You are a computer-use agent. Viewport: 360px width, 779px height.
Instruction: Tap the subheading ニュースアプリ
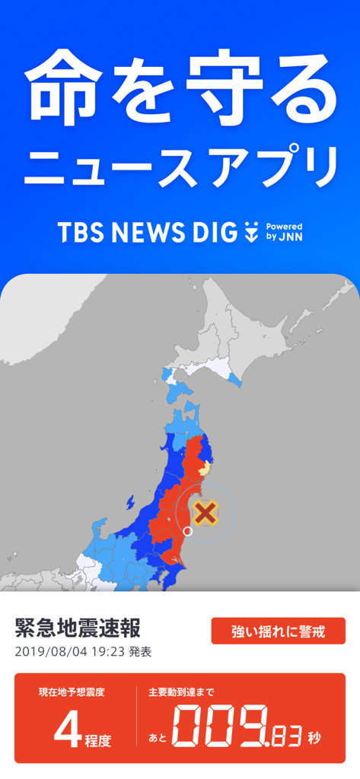coord(180,168)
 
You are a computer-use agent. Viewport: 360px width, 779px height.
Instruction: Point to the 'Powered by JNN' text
coord(284,232)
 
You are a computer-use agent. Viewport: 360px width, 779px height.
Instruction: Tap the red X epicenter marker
coord(205,513)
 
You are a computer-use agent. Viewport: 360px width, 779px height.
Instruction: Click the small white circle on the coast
coord(188,532)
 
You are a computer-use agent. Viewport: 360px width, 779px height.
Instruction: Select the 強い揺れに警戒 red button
coord(278,631)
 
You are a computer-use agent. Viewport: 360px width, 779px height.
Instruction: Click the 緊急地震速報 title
coord(78,629)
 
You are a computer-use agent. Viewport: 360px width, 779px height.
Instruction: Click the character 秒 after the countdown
coord(314,737)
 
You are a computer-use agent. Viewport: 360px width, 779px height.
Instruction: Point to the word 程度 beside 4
coord(97,740)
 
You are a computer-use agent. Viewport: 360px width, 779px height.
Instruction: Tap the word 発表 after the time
coord(140,652)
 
